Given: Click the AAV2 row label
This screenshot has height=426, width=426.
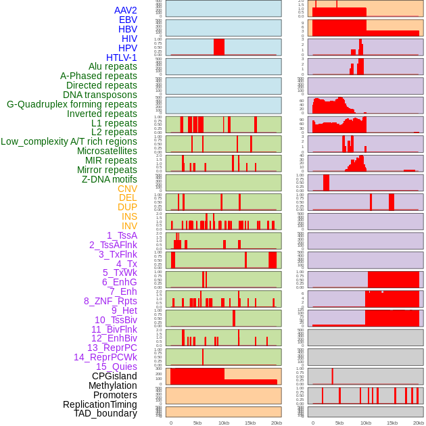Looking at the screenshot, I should pyautogui.click(x=125, y=11).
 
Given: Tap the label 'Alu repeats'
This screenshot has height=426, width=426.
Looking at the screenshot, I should pyautogui.click(x=113, y=67).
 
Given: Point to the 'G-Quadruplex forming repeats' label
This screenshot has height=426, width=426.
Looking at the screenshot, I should pyautogui.click(x=72, y=104).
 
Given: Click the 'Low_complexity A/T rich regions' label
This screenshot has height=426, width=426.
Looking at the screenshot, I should pyautogui.click(x=69, y=141).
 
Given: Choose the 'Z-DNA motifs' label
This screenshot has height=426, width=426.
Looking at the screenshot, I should pyautogui.click(x=109, y=179).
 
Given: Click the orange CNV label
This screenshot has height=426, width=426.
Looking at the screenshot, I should pyautogui.click(x=127, y=189).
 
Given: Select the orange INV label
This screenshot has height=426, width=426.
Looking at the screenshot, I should pyautogui.click(x=129, y=226).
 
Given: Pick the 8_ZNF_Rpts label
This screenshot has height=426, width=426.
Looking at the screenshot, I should pyautogui.click(x=110, y=301).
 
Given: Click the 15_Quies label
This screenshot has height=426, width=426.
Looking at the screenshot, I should pyautogui.click(x=116, y=366).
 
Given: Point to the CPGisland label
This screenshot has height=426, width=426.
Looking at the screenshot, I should pyautogui.click(x=114, y=376).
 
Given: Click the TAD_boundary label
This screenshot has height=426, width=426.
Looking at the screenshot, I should pyautogui.click(x=105, y=413).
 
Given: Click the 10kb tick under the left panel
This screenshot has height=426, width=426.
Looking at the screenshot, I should pyautogui.click(x=224, y=423).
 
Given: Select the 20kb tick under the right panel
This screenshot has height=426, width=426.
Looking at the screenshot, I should pyautogui.click(x=419, y=423).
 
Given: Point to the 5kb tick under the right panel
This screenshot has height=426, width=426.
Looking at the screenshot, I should pyautogui.click(x=339, y=423).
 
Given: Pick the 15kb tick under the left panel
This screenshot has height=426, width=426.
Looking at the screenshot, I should pyautogui.click(x=250, y=423).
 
